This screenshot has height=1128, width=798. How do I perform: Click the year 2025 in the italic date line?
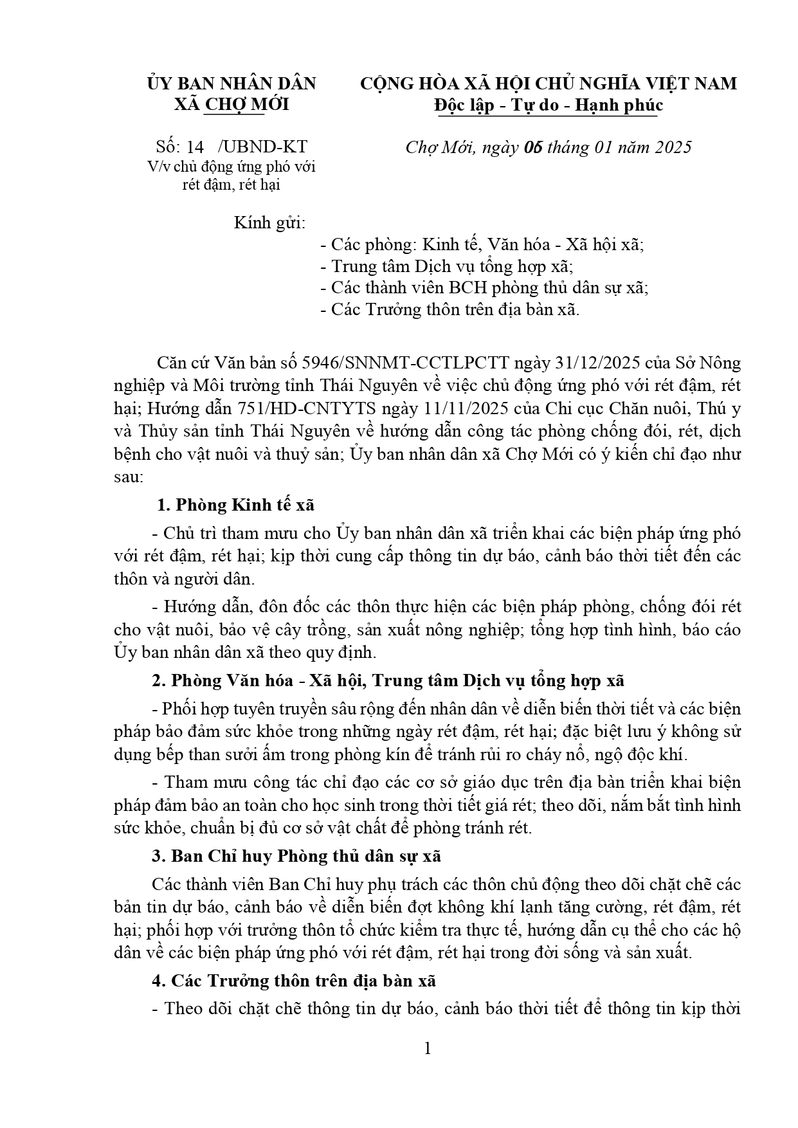tap(673, 147)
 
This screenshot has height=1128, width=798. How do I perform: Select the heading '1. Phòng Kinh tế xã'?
tap(236, 505)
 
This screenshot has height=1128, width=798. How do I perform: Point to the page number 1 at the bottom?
tap(428, 1049)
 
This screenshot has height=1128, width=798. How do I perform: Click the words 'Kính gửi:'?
tap(269, 223)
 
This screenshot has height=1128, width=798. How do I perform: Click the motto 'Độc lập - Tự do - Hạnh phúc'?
tap(548, 105)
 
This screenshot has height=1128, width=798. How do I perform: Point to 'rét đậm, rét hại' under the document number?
tap(231, 185)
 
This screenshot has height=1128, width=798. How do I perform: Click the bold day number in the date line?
tap(533, 147)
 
